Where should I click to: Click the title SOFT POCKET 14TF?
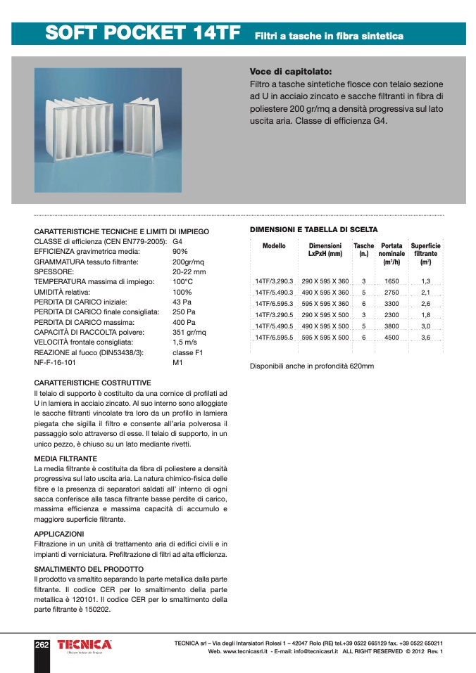(142, 33)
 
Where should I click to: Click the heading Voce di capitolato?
(291, 72)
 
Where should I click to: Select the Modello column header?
(274, 246)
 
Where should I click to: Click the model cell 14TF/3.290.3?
(274, 281)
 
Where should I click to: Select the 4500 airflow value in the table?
(392, 338)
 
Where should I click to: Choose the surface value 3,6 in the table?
(425, 338)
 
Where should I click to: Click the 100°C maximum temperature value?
(182, 281)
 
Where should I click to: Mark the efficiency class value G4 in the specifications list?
(177, 241)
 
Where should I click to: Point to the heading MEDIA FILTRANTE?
(65, 459)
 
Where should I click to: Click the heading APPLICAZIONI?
(59, 534)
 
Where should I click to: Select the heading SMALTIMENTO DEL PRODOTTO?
(89, 569)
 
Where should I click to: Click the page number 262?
(42, 644)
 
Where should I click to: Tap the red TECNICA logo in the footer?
(84, 644)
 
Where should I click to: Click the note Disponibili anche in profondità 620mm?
(312, 366)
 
